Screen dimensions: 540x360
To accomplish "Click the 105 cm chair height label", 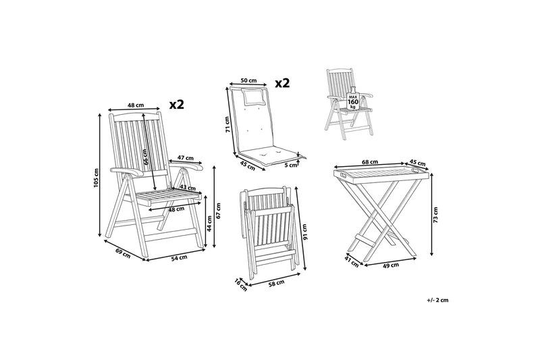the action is tap(96, 178).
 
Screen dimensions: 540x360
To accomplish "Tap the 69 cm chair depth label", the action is tap(123, 253).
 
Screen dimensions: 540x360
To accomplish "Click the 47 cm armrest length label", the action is tap(186, 157).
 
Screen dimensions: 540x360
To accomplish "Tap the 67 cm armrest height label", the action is tap(219, 211).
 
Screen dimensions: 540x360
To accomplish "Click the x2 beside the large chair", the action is tap(177, 105).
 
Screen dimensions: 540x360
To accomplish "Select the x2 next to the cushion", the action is tap(282, 82).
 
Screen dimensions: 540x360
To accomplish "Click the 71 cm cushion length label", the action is tap(227, 124).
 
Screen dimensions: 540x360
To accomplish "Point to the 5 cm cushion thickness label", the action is tap(292, 165).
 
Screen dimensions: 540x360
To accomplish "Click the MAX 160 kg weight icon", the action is tap(353, 99).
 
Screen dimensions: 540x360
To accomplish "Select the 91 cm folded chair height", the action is tap(304, 232).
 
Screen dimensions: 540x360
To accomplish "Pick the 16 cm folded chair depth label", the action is tap(241, 284).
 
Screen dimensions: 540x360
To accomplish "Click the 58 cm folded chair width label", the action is tap(277, 283).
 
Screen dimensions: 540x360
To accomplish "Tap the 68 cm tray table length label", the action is tap(370, 161).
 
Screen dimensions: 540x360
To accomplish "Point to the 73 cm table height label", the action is tap(435, 215).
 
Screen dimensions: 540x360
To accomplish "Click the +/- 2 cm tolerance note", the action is tap(437, 300).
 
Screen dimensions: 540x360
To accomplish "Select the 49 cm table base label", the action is tap(391, 265).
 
